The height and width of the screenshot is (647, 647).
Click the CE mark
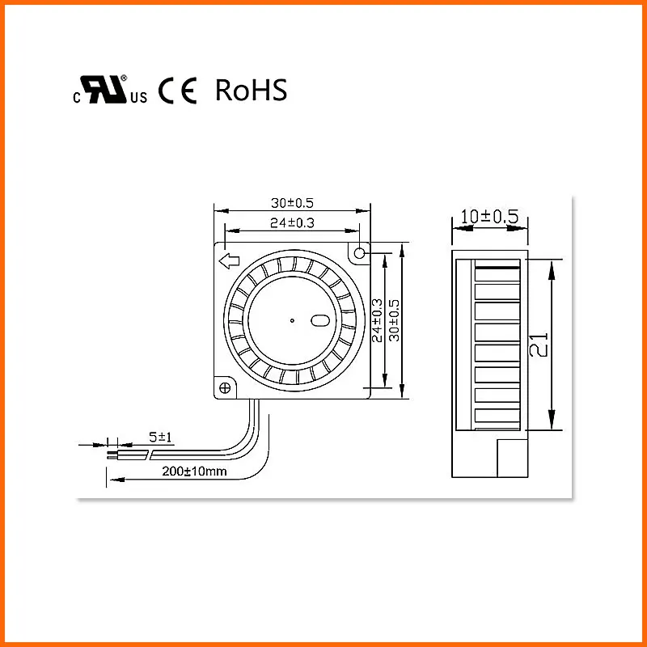pyautogui.click(x=177, y=91)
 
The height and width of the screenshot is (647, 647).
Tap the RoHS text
pyautogui.click(x=251, y=91)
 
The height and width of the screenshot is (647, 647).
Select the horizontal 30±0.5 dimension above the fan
pyautogui.click(x=292, y=204)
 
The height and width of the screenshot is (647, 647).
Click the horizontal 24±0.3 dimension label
pyautogui.click(x=292, y=222)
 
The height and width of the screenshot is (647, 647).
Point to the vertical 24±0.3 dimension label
pyautogui.click(x=378, y=320)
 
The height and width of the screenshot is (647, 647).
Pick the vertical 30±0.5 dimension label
pyautogui.click(x=395, y=320)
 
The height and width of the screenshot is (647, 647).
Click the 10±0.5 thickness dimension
pyautogui.click(x=488, y=216)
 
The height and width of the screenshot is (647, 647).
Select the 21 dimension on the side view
pyautogui.click(x=539, y=345)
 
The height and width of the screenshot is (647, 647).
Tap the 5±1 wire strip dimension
pyautogui.click(x=162, y=437)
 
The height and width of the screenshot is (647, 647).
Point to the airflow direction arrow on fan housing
pyautogui.click(x=229, y=260)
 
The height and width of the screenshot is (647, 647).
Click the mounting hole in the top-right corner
pyautogui.click(x=359, y=253)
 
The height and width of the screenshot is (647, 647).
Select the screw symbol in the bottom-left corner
pyautogui.click(x=224, y=388)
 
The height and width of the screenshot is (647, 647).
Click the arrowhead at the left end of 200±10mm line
pyautogui.click(x=111, y=480)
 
